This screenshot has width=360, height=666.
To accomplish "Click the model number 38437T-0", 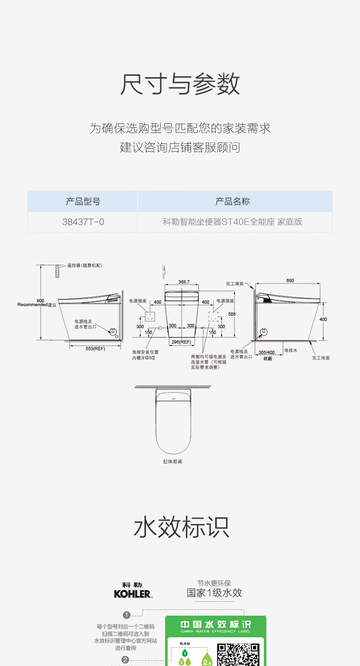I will click(83, 222).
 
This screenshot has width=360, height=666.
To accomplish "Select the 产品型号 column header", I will click(83, 202).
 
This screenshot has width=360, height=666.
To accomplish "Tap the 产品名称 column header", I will click(233, 202).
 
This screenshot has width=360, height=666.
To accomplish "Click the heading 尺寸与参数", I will click(180, 84).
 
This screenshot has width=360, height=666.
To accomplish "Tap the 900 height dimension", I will click(40, 300).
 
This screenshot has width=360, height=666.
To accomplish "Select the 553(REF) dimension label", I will click(95, 348).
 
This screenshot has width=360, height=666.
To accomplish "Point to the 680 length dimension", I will click(290, 280).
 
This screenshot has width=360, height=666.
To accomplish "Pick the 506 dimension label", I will click(232, 314).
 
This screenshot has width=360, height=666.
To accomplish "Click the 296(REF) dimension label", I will click(181, 342).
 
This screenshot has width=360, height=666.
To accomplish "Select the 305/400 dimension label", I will click(267, 352).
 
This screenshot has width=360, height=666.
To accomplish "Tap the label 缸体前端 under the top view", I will click(173, 462).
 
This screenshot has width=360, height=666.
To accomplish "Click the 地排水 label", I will click(291, 350).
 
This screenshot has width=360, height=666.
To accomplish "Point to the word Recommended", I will click(32, 305).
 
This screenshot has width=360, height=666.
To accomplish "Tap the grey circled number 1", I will click(127, 615).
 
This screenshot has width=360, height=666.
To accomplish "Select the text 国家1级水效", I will click(214, 593).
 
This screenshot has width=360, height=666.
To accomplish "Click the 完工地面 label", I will click(321, 358).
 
